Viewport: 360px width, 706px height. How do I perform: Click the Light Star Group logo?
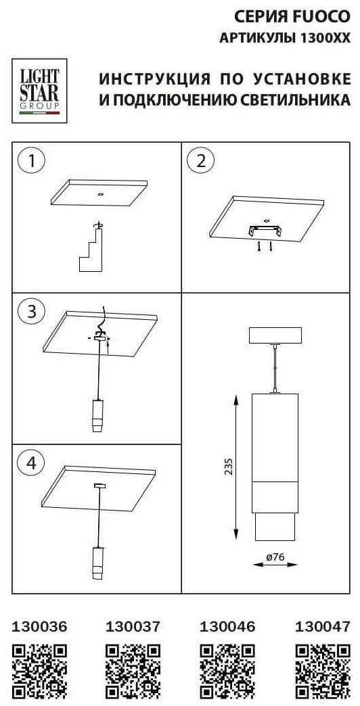pyautogui.click(x=39, y=91)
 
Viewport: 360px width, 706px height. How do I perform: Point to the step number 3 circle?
pyautogui.click(x=31, y=312)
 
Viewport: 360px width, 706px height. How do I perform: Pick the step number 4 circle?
pyautogui.click(x=31, y=463)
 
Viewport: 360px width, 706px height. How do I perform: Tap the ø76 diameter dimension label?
pyautogui.click(x=275, y=557)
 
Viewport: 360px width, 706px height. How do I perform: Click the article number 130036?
pyautogui.click(x=39, y=626)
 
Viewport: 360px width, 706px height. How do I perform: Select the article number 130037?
pyautogui.click(x=133, y=626)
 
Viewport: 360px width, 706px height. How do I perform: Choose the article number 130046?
pyautogui.click(x=227, y=626)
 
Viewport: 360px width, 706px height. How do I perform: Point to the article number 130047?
pyautogui.click(x=322, y=626)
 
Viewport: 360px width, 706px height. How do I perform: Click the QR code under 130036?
pyautogui.click(x=39, y=672)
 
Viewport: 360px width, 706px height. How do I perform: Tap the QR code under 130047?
pyautogui.click(x=323, y=672)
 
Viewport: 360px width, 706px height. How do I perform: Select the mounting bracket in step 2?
pyautogui.click(x=265, y=231)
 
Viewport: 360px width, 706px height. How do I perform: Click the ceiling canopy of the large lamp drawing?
pyautogui.click(x=275, y=335)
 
